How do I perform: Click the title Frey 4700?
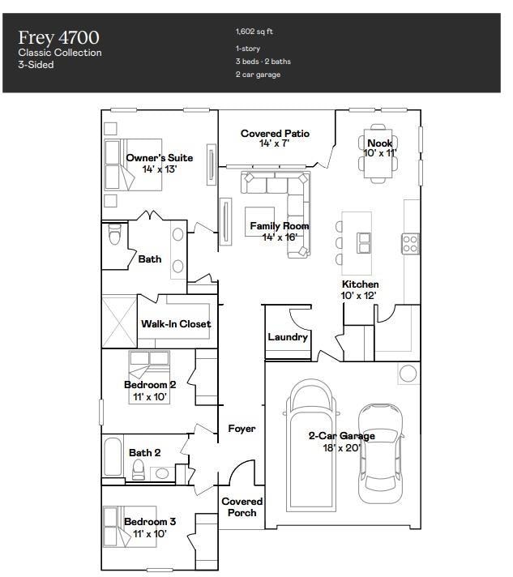tap(59, 37)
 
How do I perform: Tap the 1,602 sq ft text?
tap(255, 32)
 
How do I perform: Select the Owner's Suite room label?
tap(160, 157)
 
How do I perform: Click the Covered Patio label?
tap(275, 134)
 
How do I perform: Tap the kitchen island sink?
tap(364, 242)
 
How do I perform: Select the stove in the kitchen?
tap(410, 241)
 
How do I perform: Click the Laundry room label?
tap(288, 336)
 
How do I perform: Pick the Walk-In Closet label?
tap(176, 323)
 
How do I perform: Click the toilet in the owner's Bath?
tap(114, 235)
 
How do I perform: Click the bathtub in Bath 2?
tap(112, 459)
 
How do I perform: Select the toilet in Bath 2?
tap(138, 470)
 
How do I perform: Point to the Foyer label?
tap(242, 428)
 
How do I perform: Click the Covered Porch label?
tap(242, 506)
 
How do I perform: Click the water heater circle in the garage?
tap(408, 373)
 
